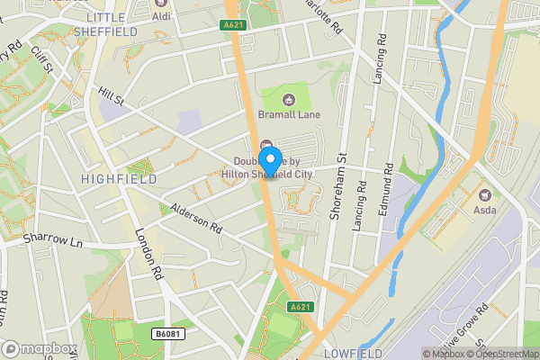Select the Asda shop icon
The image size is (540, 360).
point(484,195)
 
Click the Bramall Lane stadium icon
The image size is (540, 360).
point(289,99)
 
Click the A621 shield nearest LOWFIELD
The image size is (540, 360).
point(301,308)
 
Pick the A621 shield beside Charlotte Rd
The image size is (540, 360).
point(234,27)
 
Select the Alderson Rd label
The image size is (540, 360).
point(196,219)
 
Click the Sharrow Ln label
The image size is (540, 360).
point(52,243)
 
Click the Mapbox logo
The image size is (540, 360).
point(39,348)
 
